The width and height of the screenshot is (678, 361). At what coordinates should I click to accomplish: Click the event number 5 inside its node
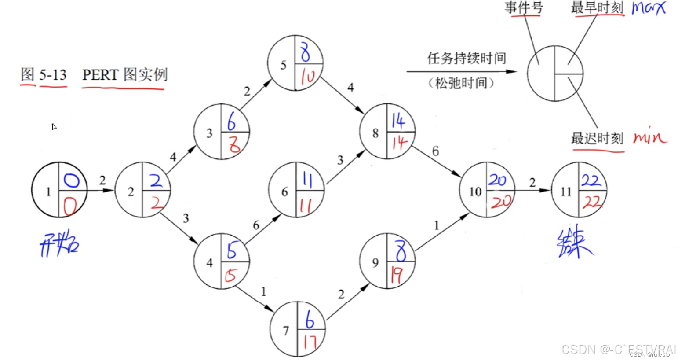tap(283, 65)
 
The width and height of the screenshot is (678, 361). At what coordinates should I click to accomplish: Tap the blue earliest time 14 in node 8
tap(398, 121)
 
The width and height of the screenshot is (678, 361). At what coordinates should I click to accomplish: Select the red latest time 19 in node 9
tap(397, 276)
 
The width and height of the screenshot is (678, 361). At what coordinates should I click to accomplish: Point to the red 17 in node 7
tap(310, 342)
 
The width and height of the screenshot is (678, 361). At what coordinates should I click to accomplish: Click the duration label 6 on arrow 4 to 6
tap(256, 225)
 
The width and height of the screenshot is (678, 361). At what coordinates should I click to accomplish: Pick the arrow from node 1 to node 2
tap(101, 190)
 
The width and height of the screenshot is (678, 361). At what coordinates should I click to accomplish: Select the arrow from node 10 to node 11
tap(532, 190)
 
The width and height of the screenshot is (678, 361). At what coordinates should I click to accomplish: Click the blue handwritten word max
tap(649, 8)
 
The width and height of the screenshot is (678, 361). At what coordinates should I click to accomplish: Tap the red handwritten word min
tap(650, 138)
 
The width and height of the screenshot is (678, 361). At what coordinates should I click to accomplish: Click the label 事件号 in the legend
tap(523, 7)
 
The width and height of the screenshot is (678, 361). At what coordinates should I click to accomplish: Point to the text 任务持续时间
tap(467, 58)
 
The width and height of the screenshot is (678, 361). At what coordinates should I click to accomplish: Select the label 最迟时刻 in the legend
tap(597, 138)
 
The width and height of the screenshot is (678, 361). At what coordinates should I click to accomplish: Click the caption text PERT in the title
tap(100, 75)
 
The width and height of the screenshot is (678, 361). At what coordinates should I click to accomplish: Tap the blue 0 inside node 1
tap(72, 180)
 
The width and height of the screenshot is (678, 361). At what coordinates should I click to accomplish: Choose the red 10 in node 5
tap(307, 77)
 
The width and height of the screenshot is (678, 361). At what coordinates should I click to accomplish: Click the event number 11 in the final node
tap(566, 192)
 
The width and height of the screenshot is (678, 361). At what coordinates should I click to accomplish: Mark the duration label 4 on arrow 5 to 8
tap(350, 88)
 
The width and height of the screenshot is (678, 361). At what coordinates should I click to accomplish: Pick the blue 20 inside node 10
tap(497, 180)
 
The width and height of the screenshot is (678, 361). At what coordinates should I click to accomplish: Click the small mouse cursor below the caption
tap(54, 127)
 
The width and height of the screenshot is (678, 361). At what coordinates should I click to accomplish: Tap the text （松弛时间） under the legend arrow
tap(461, 83)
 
